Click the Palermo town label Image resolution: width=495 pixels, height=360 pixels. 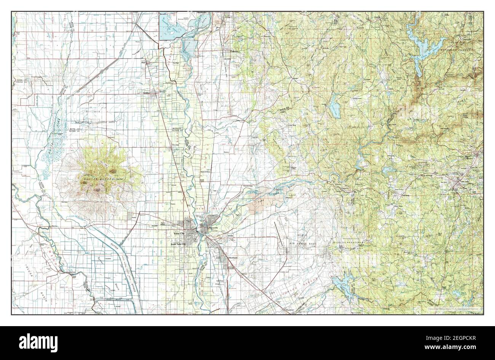[x=234, y=52]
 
